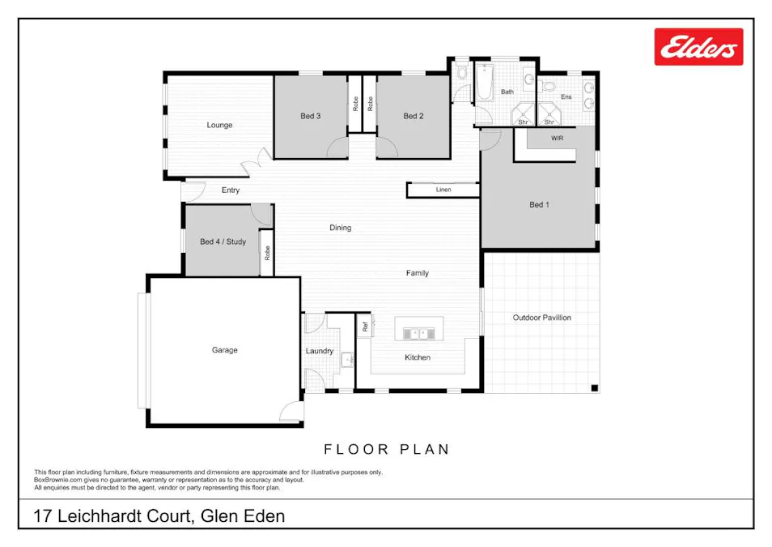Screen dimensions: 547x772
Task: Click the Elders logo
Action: [698, 47]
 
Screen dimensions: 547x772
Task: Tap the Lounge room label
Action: [219, 125]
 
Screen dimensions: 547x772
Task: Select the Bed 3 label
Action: [311, 116]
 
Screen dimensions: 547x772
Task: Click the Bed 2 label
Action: [414, 116]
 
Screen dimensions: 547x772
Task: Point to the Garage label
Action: [225, 350]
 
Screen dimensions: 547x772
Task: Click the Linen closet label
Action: [443, 190]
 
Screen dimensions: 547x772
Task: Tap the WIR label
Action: [557, 139]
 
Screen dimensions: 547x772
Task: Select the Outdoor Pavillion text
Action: [541, 318]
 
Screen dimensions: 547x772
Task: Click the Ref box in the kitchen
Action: [365, 327]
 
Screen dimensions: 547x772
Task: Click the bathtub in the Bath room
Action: [484, 83]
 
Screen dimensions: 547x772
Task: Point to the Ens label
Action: [566, 96]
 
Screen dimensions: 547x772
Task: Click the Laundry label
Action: [320, 351]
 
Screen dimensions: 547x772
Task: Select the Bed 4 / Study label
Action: [223, 241]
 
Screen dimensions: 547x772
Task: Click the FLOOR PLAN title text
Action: [387, 449]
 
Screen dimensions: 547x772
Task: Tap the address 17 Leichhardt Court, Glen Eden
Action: [159, 515]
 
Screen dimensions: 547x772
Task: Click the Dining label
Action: [341, 228]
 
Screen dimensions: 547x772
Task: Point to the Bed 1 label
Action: [539, 204]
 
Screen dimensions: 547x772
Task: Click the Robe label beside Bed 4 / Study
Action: [267, 253]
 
